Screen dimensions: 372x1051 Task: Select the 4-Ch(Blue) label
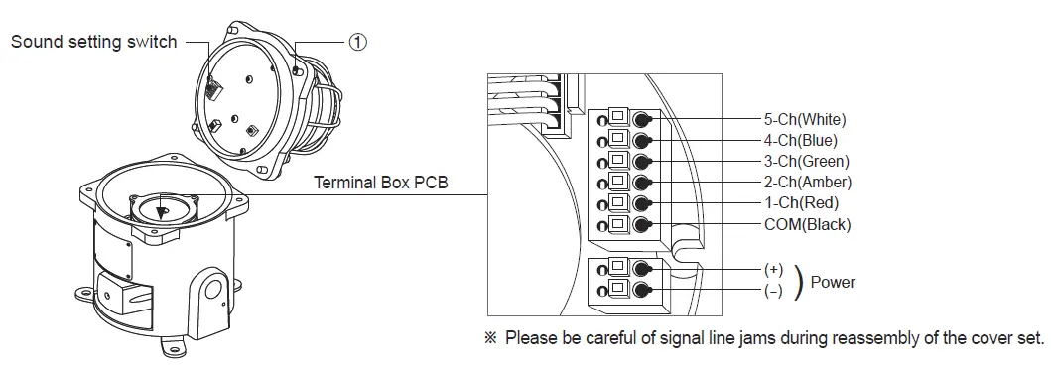click(801, 140)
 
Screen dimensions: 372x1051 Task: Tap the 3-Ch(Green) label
click(807, 161)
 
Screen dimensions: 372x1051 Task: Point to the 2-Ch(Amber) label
click(807, 182)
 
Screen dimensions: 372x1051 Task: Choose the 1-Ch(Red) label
click(800, 203)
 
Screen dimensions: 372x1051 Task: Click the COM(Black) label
click(807, 224)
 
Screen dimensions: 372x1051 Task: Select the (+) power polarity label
click(773, 270)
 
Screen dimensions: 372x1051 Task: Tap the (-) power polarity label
click(773, 291)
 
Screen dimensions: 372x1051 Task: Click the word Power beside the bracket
click(833, 282)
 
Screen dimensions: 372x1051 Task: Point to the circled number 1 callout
click(358, 42)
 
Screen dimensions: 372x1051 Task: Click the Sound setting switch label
click(93, 42)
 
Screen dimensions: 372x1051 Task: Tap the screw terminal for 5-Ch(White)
click(642, 119)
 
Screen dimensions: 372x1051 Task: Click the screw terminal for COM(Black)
click(642, 224)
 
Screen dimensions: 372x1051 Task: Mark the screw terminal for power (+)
click(642, 269)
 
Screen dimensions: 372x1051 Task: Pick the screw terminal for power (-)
click(642, 291)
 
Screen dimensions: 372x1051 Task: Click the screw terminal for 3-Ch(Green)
click(642, 161)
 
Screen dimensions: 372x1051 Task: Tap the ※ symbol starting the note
click(489, 338)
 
